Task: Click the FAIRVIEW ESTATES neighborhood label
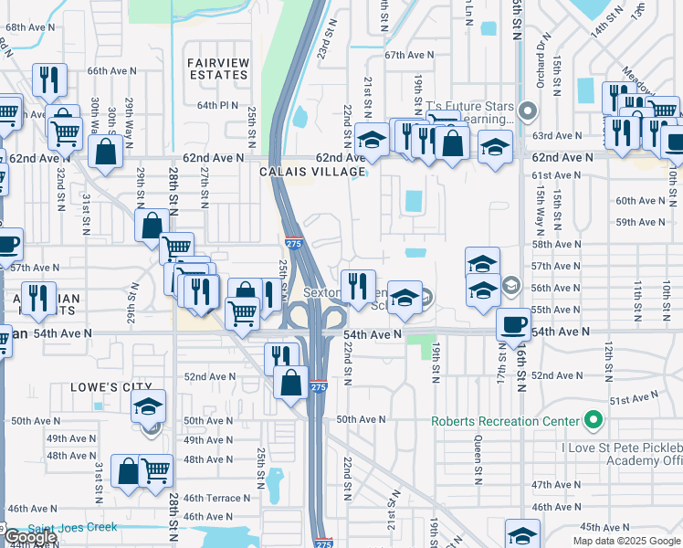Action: tap(218, 68)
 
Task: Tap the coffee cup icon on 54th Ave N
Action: tap(512, 324)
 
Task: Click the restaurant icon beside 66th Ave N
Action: tap(48, 79)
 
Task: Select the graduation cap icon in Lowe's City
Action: tap(146, 408)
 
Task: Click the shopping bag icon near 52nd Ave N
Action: tap(290, 382)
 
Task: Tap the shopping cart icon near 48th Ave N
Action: tap(156, 470)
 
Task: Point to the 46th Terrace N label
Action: tap(216, 498)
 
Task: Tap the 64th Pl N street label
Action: tap(218, 105)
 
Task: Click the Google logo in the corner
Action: tap(29, 537)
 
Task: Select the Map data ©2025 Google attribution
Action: tap(626, 541)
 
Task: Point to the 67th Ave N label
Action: tap(407, 55)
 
